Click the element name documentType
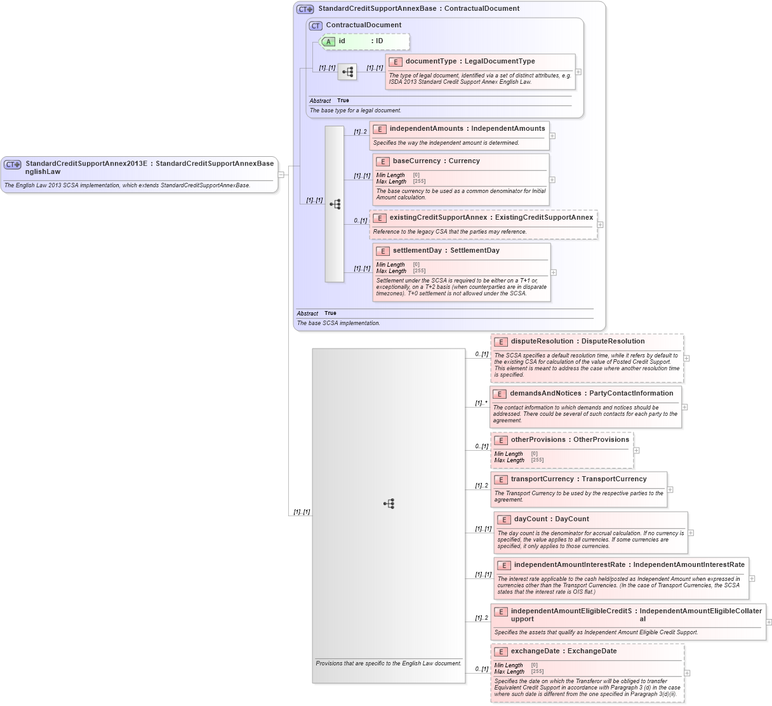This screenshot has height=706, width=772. (x=430, y=62)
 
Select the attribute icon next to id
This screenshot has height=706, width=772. (x=328, y=41)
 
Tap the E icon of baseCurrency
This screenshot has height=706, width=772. (x=382, y=161)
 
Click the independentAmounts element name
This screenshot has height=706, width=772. (x=426, y=129)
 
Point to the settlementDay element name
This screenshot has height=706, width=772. (x=417, y=251)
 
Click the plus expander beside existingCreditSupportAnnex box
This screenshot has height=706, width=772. (x=600, y=225)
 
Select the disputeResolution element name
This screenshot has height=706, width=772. (x=543, y=342)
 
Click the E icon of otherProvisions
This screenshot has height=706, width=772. (x=500, y=440)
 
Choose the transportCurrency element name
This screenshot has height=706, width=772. (x=542, y=479)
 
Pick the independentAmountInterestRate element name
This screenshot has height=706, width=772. (x=569, y=565)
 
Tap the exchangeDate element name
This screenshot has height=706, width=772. (x=535, y=651)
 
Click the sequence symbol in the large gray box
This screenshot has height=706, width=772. (x=389, y=503)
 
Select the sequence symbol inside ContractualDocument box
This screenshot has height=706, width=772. (x=347, y=72)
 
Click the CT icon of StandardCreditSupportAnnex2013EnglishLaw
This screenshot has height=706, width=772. (x=12, y=164)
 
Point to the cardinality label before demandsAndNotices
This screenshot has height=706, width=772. (x=481, y=403)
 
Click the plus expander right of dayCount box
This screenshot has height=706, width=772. (x=691, y=533)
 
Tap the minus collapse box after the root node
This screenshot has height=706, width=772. (x=281, y=175)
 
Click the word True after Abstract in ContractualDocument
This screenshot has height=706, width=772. (x=343, y=100)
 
